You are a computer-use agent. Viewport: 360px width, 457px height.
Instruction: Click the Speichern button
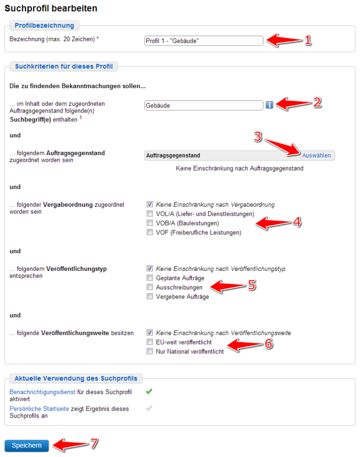pos(27,445)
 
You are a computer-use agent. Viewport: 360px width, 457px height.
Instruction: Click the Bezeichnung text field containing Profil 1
pos(204,41)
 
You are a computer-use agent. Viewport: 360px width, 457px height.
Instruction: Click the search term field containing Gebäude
pos(204,105)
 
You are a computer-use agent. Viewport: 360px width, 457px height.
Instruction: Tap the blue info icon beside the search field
pos(270,105)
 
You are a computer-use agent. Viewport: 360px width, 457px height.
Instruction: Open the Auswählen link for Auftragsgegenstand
pos(316,156)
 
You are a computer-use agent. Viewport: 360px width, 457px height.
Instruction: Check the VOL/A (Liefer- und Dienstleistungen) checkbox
pos(150,214)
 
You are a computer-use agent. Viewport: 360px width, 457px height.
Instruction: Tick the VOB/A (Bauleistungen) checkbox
pos(150,223)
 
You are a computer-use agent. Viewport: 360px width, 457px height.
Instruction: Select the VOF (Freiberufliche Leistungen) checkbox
pos(150,232)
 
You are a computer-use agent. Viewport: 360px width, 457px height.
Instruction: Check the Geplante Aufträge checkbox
pos(150,278)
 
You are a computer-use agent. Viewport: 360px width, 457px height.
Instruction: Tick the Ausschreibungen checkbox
pos(150,287)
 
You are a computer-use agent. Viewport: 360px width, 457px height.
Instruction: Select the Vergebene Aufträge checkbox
pos(150,296)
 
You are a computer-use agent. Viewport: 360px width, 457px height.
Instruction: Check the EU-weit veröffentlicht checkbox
pos(150,342)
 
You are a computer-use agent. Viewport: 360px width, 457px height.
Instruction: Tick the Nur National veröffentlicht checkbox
pos(150,351)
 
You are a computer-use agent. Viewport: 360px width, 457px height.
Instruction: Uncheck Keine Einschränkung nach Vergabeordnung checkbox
pos(150,204)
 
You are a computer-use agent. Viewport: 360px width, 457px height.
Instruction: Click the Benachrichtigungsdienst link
pos(43,391)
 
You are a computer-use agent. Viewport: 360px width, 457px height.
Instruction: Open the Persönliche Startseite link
pos(39,409)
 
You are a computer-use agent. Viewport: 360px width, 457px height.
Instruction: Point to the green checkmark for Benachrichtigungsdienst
pos(149,391)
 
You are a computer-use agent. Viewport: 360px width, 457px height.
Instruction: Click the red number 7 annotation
pos(94,443)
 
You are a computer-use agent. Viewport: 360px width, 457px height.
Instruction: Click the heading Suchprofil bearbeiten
pos(51,8)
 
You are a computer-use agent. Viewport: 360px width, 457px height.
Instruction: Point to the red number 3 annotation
pos(257,136)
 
